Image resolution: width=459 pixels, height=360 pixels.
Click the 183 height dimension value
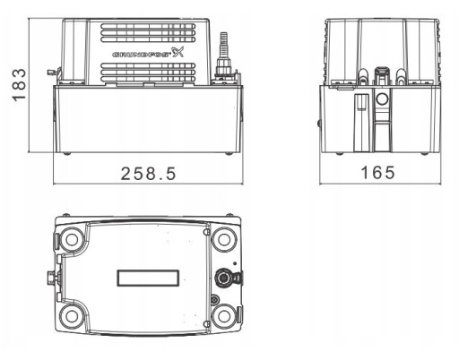[x=19, y=85]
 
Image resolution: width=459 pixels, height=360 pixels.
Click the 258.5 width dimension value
[x=149, y=174]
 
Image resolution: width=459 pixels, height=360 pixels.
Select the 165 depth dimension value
[x=378, y=173]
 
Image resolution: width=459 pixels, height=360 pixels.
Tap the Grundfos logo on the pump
[x=148, y=53]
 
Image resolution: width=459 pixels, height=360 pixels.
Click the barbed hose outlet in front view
[x=223, y=56]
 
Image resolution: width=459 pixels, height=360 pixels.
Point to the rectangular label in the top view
[x=148, y=278]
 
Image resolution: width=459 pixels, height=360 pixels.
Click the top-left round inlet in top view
[x=72, y=239]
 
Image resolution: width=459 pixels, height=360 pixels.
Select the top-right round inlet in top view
[x=224, y=239]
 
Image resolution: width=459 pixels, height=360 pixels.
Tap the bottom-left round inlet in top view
[x=72, y=316]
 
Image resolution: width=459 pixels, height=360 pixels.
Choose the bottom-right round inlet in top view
[x=224, y=316]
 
